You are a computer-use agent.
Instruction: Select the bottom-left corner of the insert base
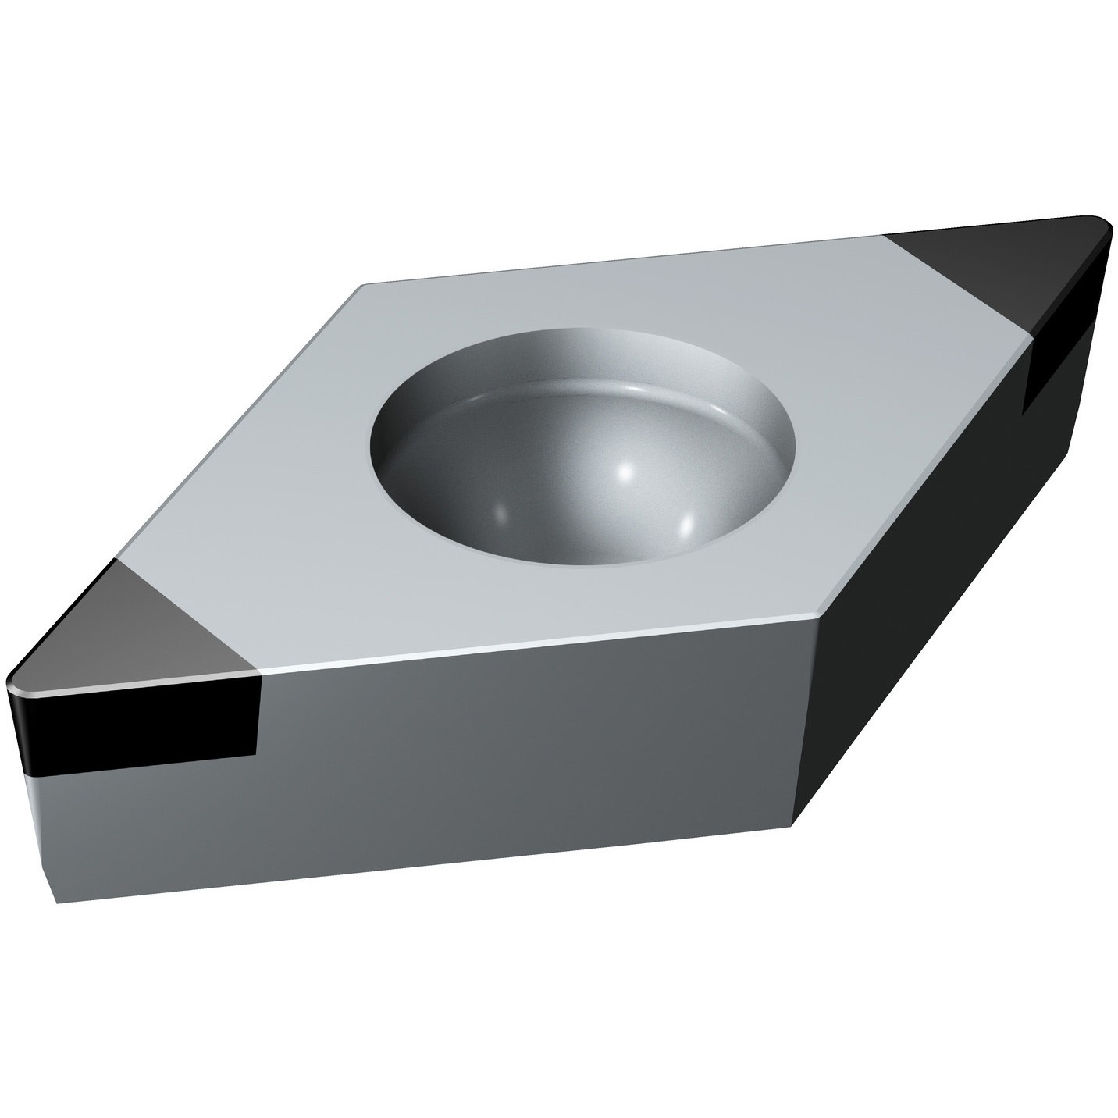coord(59,902)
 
